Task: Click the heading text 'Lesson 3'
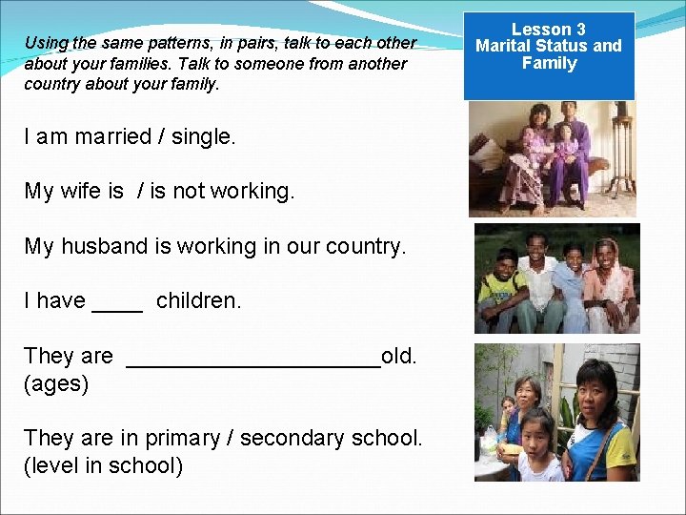coord(549,30)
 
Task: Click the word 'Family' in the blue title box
coord(549,64)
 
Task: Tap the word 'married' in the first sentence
coord(113,136)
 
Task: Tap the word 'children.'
coord(198,300)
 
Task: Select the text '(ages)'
coord(56,383)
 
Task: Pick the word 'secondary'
coord(293,438)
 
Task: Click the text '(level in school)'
coord(103,465)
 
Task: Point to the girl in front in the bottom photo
coord(537,448)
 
